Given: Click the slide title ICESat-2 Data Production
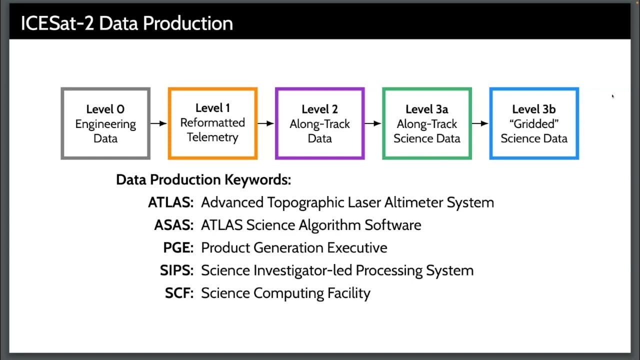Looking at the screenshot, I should coord(126,23).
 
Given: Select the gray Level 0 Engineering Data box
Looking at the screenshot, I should coord(105,123).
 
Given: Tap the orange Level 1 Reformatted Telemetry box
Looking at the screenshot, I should coord(212,123).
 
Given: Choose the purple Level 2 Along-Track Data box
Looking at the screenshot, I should coord(319,123).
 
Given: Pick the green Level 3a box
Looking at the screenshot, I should coord(426,123).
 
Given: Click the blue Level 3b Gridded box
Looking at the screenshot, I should coord(534,123).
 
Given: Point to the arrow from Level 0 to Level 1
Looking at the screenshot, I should coord(159,123).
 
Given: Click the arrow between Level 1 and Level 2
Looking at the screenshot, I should coord(266,123).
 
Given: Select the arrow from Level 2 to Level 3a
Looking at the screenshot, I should coord(373,123).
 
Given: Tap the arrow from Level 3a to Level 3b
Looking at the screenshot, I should coord(480,123).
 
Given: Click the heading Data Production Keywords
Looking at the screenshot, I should coord(203,179).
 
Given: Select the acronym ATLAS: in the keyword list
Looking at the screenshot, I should coord(170,202).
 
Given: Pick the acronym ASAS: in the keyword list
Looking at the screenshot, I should coord(173,225).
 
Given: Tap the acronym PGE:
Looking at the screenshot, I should coord(178,247).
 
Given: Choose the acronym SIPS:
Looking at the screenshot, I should coord(176,270).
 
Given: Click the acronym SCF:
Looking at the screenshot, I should coord(179,293).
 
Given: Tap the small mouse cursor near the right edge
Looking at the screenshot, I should coord(612,96).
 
